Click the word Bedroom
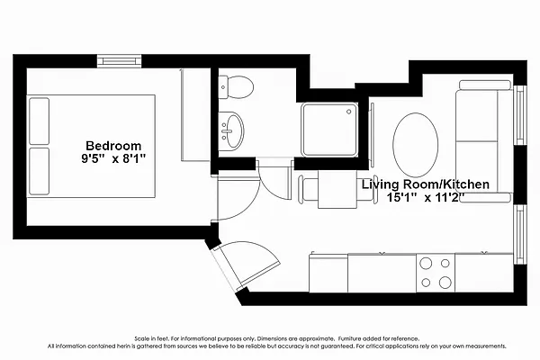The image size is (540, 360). click(x=113, y=146)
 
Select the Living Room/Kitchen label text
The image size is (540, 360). click(x=426, y=184)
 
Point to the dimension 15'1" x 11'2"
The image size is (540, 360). click(x=426, y=199)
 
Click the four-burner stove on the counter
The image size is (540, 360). click(x=434, y=272)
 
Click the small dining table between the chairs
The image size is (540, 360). click(x=337, y=191)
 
